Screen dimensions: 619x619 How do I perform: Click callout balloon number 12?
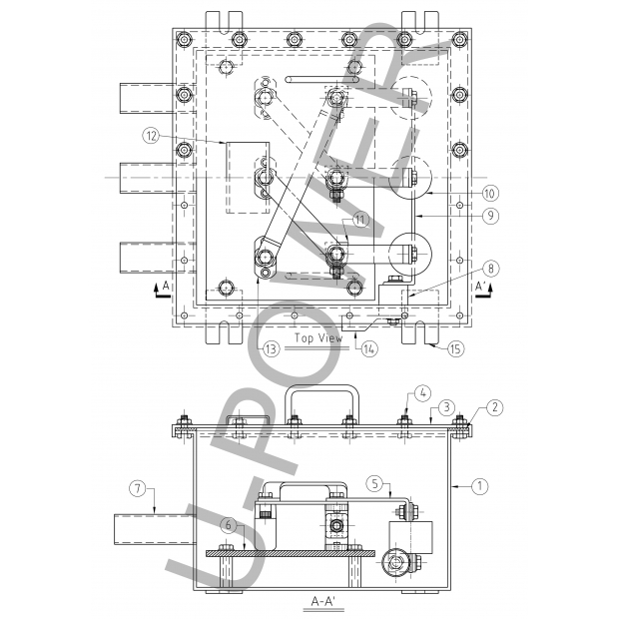tap(151, 136)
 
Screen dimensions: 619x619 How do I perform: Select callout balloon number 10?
tap(490, 194)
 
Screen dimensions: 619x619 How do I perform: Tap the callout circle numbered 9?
tap(490, 216)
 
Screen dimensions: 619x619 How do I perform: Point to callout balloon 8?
tap(490, 269)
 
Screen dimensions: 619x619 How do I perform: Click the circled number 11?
tap(360, 220)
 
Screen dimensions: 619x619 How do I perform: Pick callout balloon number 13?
tap(271, 349)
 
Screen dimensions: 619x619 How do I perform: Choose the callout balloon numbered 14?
tap(369, 349)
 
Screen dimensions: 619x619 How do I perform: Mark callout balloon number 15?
tap(455, 349)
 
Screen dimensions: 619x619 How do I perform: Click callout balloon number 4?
tap(422, 393)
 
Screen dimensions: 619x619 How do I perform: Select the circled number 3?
tap(446, 407)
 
